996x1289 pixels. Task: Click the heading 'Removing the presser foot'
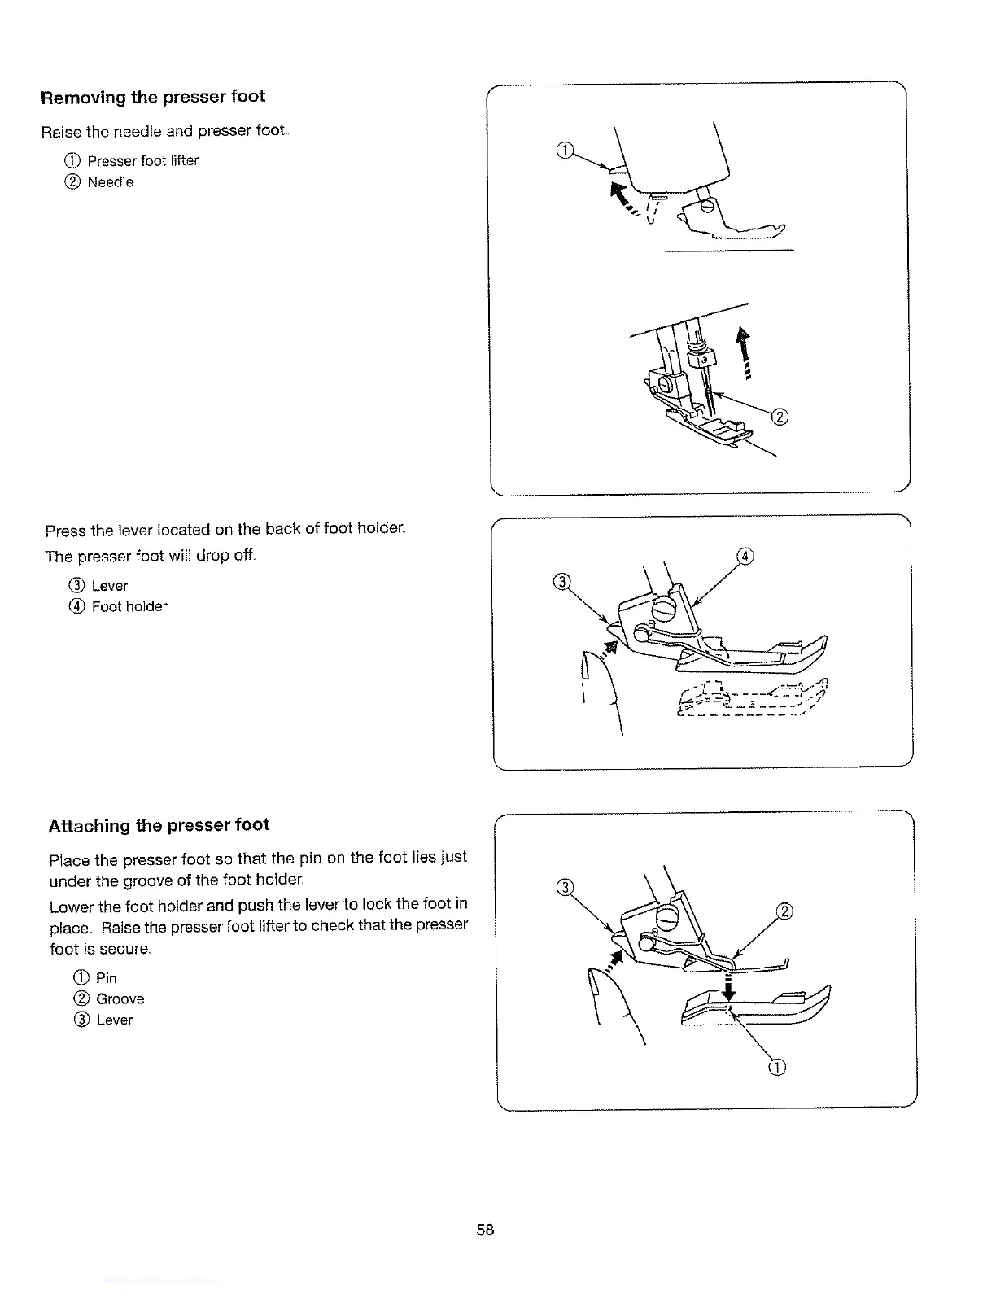pyautogui.click(x=153, y=97)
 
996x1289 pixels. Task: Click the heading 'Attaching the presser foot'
pyautogui.click(x=159, y=825)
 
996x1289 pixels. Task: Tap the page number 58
pyautogui.click(x=485, y=1230)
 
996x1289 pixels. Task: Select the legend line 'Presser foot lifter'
pyautogui.click(x=142, y=160)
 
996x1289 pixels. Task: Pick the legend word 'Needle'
pyautogui.click(x=110, y=182)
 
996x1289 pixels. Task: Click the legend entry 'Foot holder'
pyautogui.click(x=129, y=606)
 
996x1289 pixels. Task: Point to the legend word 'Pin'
pyautogui.click(x=106, y=977)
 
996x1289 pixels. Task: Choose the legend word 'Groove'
pyautogui.click(x=120, y=998)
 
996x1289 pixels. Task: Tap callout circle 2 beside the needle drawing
pyautogui.click(x=779, y=418)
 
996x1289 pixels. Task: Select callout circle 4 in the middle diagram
pyautogui.click(x=745, y=557)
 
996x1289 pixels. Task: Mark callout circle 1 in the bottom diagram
pyautogui.click(x=777, y=1068)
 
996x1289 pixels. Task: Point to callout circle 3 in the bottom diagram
pyautogui.click(x=563, y=886)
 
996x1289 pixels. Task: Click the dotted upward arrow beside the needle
pyautogui.click(x=742, y=350)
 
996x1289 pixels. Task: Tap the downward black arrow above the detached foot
pyautogui.click(x=729, y=987)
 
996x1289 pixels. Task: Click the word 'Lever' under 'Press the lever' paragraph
pyautogui.click(x=109, y=586)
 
